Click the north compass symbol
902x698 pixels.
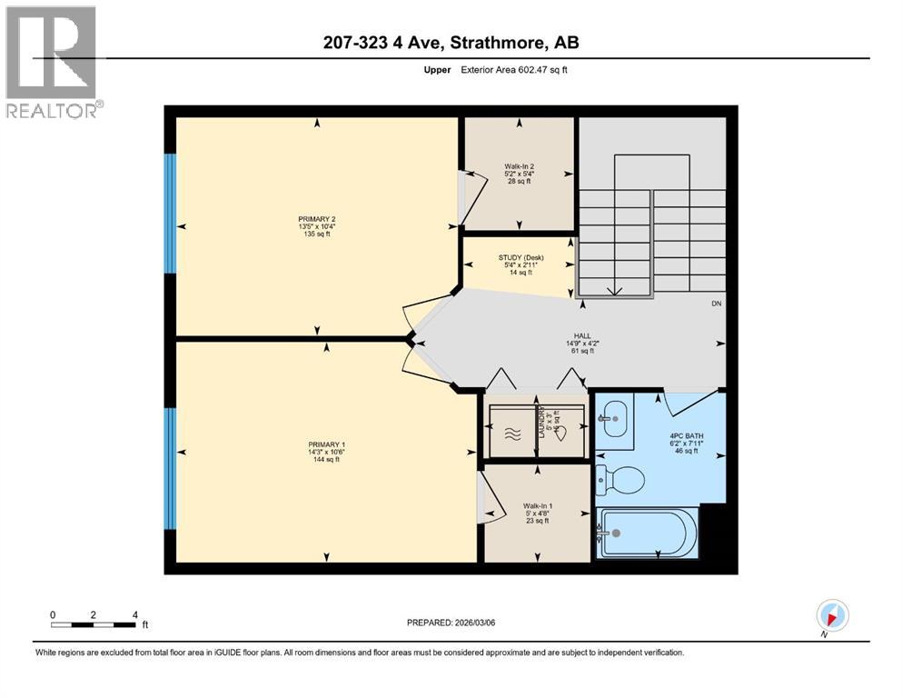pyautogui.click(x=832, y=615)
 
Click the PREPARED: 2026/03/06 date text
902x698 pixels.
pyautogui.click(x=451, y=623)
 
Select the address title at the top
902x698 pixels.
pyautogui.click(x=451, y=43)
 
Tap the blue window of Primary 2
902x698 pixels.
pyautogui.click(x=170, y=213)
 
